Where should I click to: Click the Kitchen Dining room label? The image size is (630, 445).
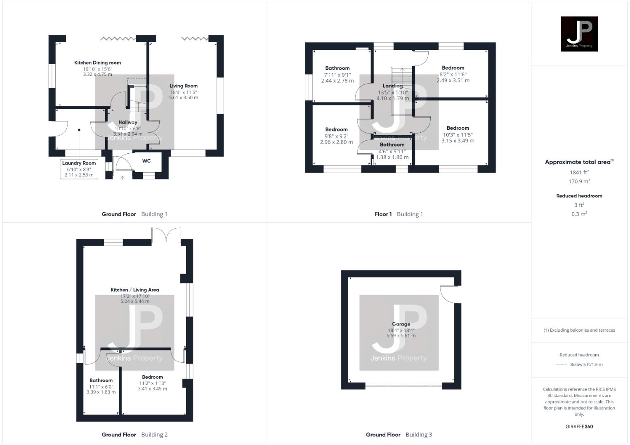[97, 63]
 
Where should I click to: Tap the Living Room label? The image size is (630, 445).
[184, 86]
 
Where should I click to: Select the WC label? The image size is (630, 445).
[146, 161]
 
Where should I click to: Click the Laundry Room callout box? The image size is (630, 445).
[79, 169]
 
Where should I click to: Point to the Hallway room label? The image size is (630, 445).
[127, 122]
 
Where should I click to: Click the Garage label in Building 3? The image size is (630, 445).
[401, 324]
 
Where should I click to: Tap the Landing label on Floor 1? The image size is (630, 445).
[392, 86]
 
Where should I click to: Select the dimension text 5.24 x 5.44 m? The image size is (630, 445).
[135, 302]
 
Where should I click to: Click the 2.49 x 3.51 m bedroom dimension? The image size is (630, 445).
[453, 81]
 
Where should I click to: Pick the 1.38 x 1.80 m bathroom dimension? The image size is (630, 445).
[392, 157]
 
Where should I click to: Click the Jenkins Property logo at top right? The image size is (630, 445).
[579, 34]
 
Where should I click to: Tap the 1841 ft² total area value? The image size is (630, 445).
[579, 173]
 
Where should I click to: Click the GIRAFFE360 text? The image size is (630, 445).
[579, 426]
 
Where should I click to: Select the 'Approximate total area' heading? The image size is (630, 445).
[579, 162]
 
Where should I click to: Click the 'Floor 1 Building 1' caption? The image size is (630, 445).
[399, 214]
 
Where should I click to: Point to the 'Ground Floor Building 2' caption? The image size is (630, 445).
[134, 435]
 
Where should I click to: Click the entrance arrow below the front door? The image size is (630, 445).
[122, 178]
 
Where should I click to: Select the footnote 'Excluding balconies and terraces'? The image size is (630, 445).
[579, 330]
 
